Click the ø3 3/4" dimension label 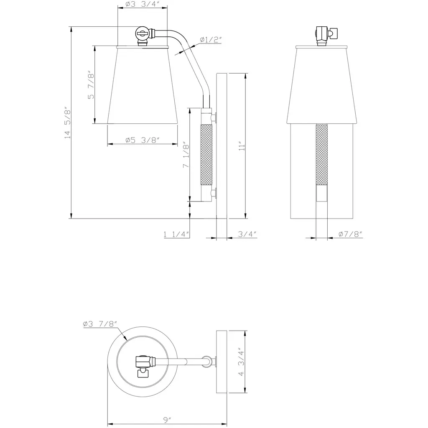coord(142,4)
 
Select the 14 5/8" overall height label coord(67,122)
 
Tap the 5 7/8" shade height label coord(91,86)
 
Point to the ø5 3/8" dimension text coord(142,140)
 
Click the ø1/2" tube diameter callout coord(210,40)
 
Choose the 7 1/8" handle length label coord(186,155)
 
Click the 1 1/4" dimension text coord(176,234)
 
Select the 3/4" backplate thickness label coord(247,234)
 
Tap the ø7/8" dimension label coord(350,234)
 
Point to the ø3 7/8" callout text coord(100,324)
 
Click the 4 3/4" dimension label coord(241,362)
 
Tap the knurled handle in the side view coord(206,155)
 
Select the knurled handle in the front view coord(321,155)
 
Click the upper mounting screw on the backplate coord(214,117)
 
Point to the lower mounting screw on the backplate coord(214,193)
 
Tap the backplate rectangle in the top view coord(222,362)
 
